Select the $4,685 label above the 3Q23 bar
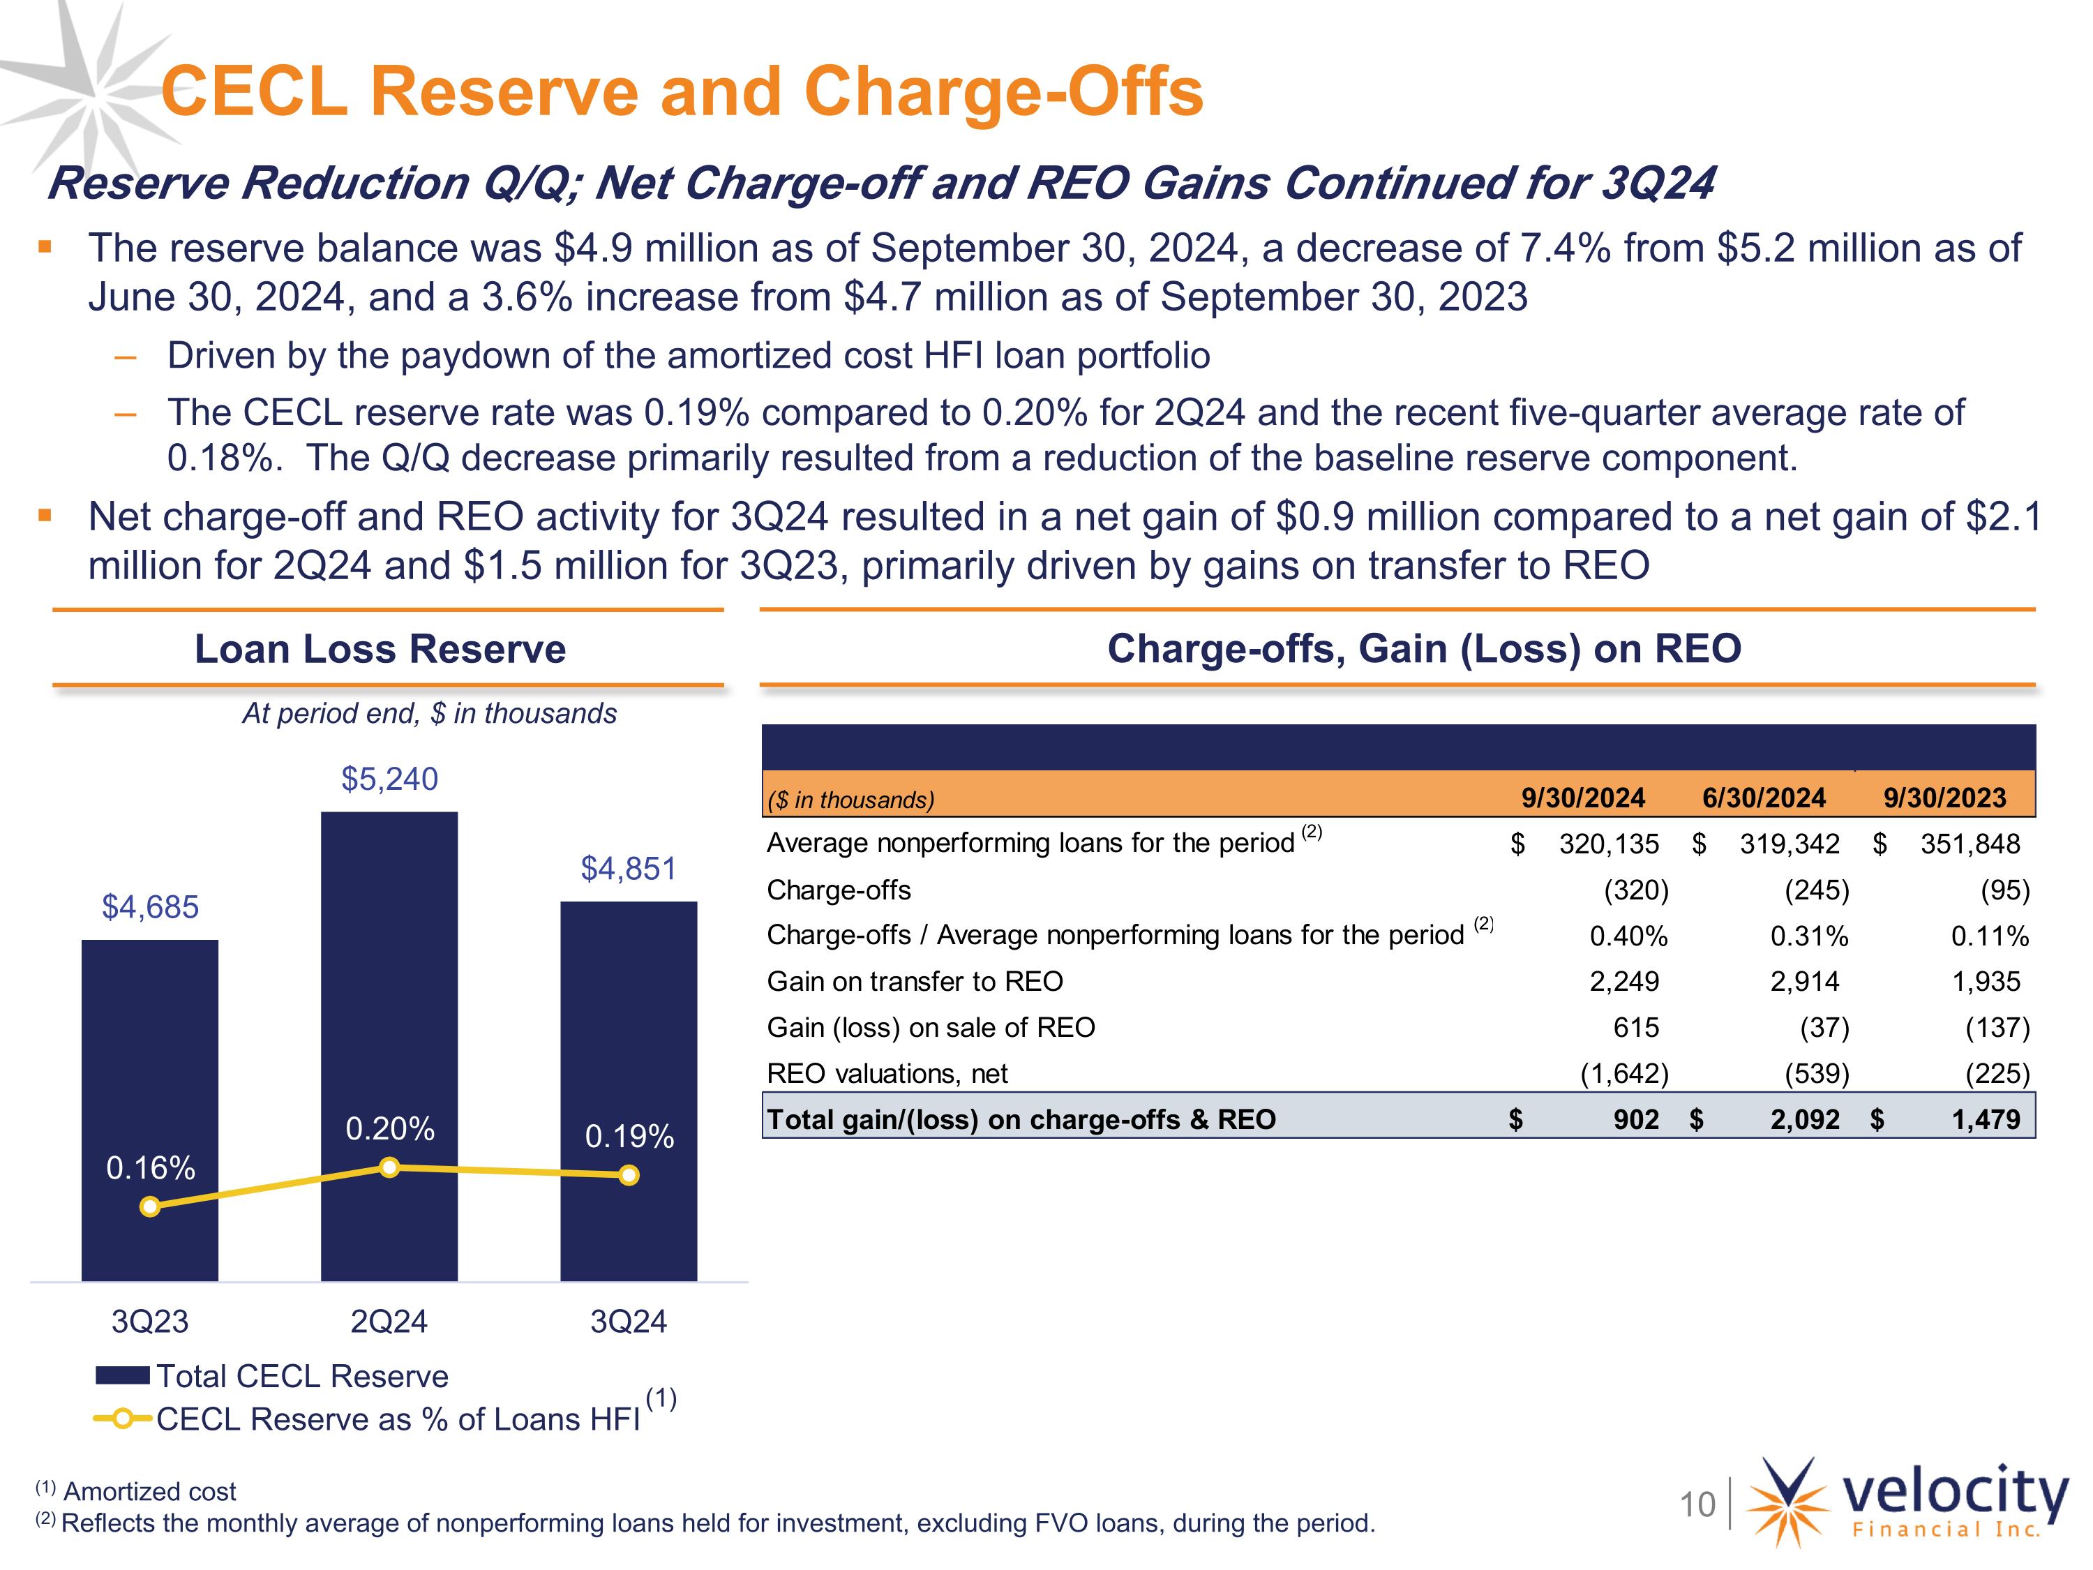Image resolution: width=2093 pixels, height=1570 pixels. [151, 906]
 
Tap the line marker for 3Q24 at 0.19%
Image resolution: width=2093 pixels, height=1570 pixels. [629, 1175]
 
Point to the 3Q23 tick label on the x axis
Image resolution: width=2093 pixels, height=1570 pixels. [151, 1321]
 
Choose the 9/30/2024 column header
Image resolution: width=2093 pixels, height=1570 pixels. [1583, 798]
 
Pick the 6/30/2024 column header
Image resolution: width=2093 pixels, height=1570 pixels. [1764, 798]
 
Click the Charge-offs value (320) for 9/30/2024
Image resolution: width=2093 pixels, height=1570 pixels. [1636, 890]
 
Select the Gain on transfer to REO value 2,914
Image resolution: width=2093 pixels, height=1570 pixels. [1804, 981]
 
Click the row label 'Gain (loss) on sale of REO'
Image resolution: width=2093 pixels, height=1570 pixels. [930, 1027]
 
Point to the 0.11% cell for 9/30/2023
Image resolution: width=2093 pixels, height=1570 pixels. [1990, 936]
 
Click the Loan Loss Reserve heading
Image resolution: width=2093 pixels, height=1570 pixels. [380, 649]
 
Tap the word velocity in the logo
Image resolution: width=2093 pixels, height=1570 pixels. [1955, 1493]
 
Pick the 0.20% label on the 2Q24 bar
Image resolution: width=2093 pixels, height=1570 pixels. [390, 1128]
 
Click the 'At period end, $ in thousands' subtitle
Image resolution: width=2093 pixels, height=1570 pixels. [430, 714]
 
